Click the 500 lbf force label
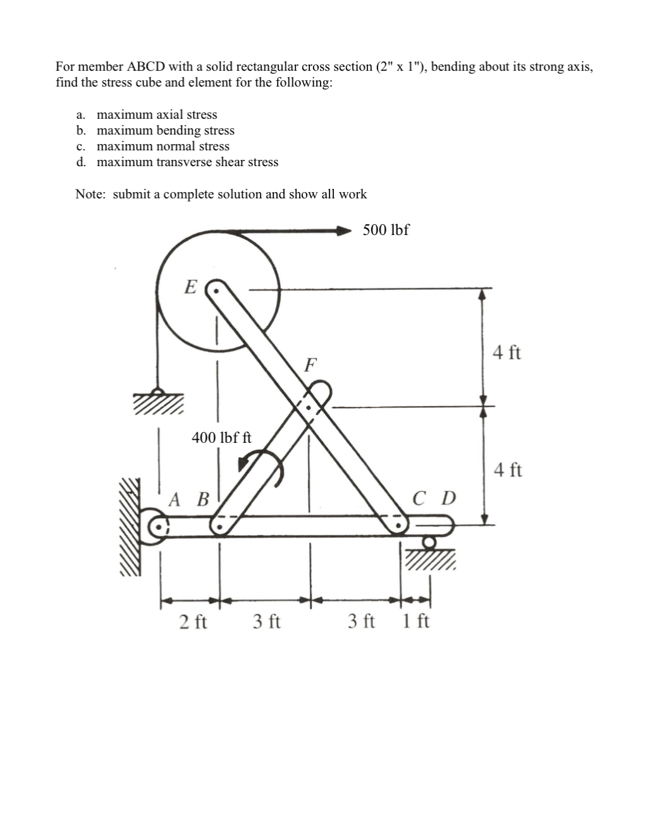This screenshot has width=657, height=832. point(386,230)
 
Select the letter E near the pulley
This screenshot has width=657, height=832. point(190,287)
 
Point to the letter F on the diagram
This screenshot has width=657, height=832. point(310,365)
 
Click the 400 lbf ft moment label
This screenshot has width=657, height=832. point(221,437)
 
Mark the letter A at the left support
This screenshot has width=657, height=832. point(175,500)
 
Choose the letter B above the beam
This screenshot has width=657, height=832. point(202,500)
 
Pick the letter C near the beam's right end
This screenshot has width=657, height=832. point(419,499)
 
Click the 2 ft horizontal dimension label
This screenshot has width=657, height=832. point(193,622)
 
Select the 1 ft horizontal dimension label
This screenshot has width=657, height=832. point(415,622)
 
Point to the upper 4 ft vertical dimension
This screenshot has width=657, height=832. point(507,353)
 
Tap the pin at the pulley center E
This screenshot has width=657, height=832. point(216,292)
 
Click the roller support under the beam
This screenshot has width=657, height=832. point(429,542)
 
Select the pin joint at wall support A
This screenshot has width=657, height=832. point(159,524)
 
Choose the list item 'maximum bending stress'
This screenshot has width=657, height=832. point(165,131)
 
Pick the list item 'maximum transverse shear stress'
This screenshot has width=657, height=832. point(187,162)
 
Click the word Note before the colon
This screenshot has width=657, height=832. point(89,195)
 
